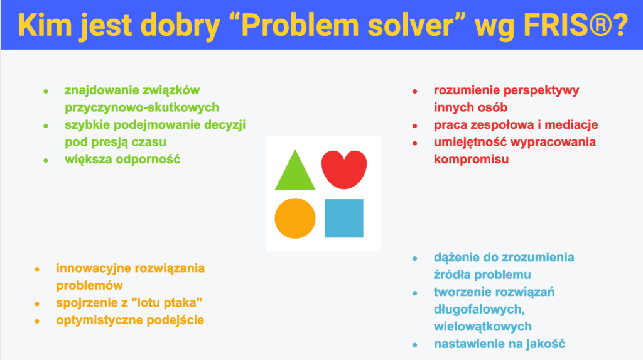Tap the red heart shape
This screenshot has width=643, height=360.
344,169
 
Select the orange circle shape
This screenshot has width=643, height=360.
295,219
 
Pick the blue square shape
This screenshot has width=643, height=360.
344,219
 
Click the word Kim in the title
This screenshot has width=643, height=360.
45,26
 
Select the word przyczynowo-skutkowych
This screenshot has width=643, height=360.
142,107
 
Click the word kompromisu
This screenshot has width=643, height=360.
471,160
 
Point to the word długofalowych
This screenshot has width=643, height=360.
479,309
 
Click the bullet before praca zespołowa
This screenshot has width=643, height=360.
415,126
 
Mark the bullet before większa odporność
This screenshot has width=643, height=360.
46,160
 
